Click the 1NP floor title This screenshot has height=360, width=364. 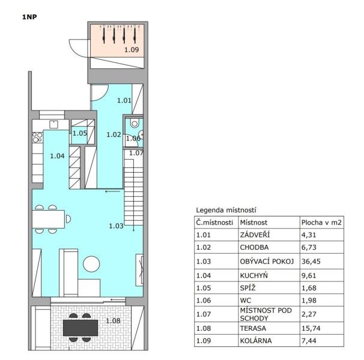pos(29,17)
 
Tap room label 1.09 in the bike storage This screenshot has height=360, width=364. pos(132,50)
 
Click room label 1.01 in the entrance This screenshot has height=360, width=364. pos(124,100)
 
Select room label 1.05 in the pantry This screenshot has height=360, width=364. pos(80,133)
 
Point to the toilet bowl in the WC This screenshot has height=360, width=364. pos(135,123)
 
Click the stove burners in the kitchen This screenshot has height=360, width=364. pos(37,137)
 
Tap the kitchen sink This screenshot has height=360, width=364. pos(53,125)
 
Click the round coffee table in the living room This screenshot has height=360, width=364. pos(91,264)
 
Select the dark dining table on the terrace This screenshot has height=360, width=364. pos(80,328)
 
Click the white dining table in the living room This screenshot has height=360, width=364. pos(48,219)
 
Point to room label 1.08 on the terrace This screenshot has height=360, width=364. pos(113,321)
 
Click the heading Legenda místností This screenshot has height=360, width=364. pos(226,210)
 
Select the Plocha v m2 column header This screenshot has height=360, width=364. pos(321,223)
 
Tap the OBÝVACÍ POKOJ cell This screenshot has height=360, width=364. pos(267,262)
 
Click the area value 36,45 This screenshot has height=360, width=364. pos(311,262)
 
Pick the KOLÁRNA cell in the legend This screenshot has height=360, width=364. pos(256,341)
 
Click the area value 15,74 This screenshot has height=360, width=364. pos(311,328)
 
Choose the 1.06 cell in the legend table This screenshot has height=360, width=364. pos(204,301)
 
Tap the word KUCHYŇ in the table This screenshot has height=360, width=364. pos(253,275)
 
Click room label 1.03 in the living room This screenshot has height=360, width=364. pos(116,226)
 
